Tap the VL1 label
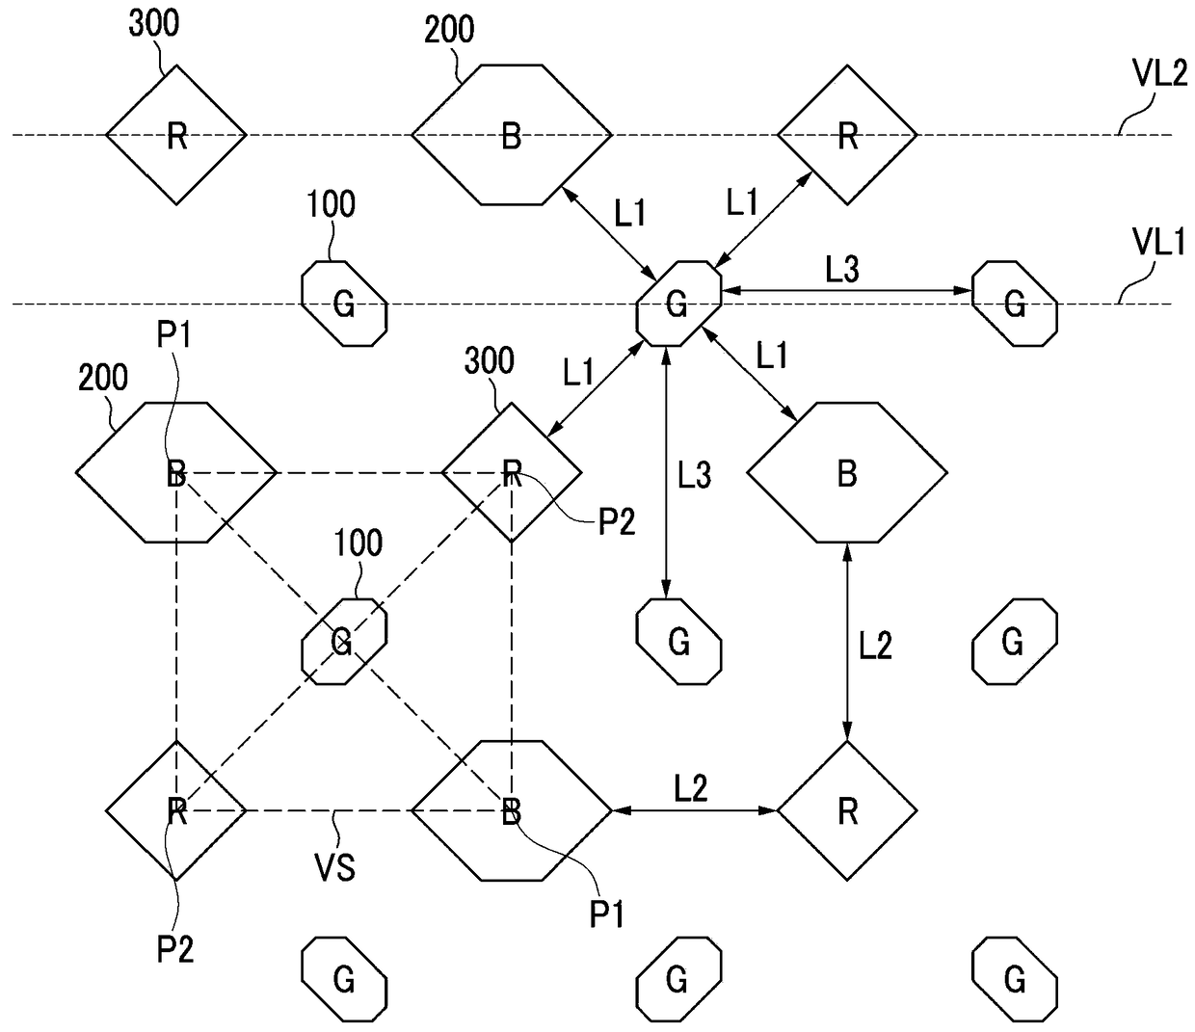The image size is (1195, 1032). click(1158, 242)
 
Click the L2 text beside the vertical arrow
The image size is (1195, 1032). click(876, 646)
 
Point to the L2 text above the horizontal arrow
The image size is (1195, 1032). click(691, 788)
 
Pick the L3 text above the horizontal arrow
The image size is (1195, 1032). click(842, 270)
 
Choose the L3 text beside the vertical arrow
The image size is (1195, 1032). click(694, 476)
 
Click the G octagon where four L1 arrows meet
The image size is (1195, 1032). click(678, 304)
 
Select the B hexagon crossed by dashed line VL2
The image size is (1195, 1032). click(511, 135)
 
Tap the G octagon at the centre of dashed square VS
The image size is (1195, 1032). click(345, 642)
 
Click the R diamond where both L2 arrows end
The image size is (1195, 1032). click(847, 810)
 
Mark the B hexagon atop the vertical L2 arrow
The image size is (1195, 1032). click(847, 472)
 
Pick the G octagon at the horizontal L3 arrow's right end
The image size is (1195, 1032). click(1015, 304)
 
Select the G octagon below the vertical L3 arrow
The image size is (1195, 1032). click(678, 642)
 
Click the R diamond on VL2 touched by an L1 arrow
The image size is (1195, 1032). click(847, 135)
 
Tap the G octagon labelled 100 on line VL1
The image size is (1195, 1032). click(345, 304)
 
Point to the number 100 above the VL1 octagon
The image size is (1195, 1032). click(331, 204)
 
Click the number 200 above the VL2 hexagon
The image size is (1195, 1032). click(449, 30)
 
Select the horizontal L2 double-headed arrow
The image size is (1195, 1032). click(694, 810)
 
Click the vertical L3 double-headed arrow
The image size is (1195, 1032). click(666, 473)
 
